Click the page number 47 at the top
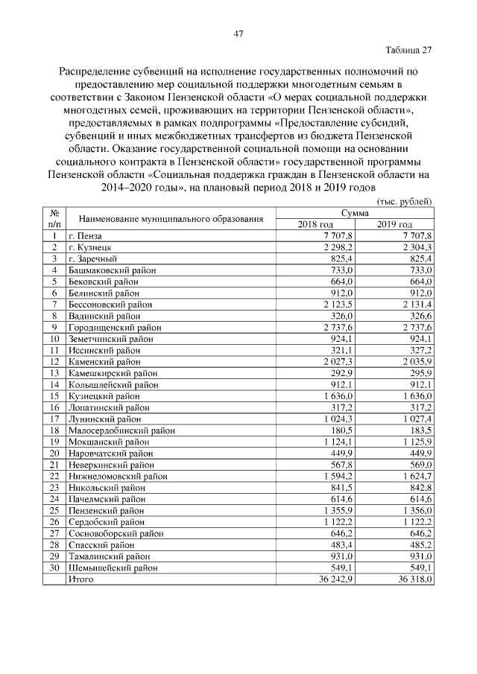(x=238, y=33)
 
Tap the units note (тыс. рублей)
(x=405, y=202)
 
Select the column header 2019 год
(x=394, y=225)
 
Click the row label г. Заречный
(x=93, y=258)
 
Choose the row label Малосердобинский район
(x=119, y=430)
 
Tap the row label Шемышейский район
(x=113, y=568)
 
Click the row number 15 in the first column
(x=54, y=396)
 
